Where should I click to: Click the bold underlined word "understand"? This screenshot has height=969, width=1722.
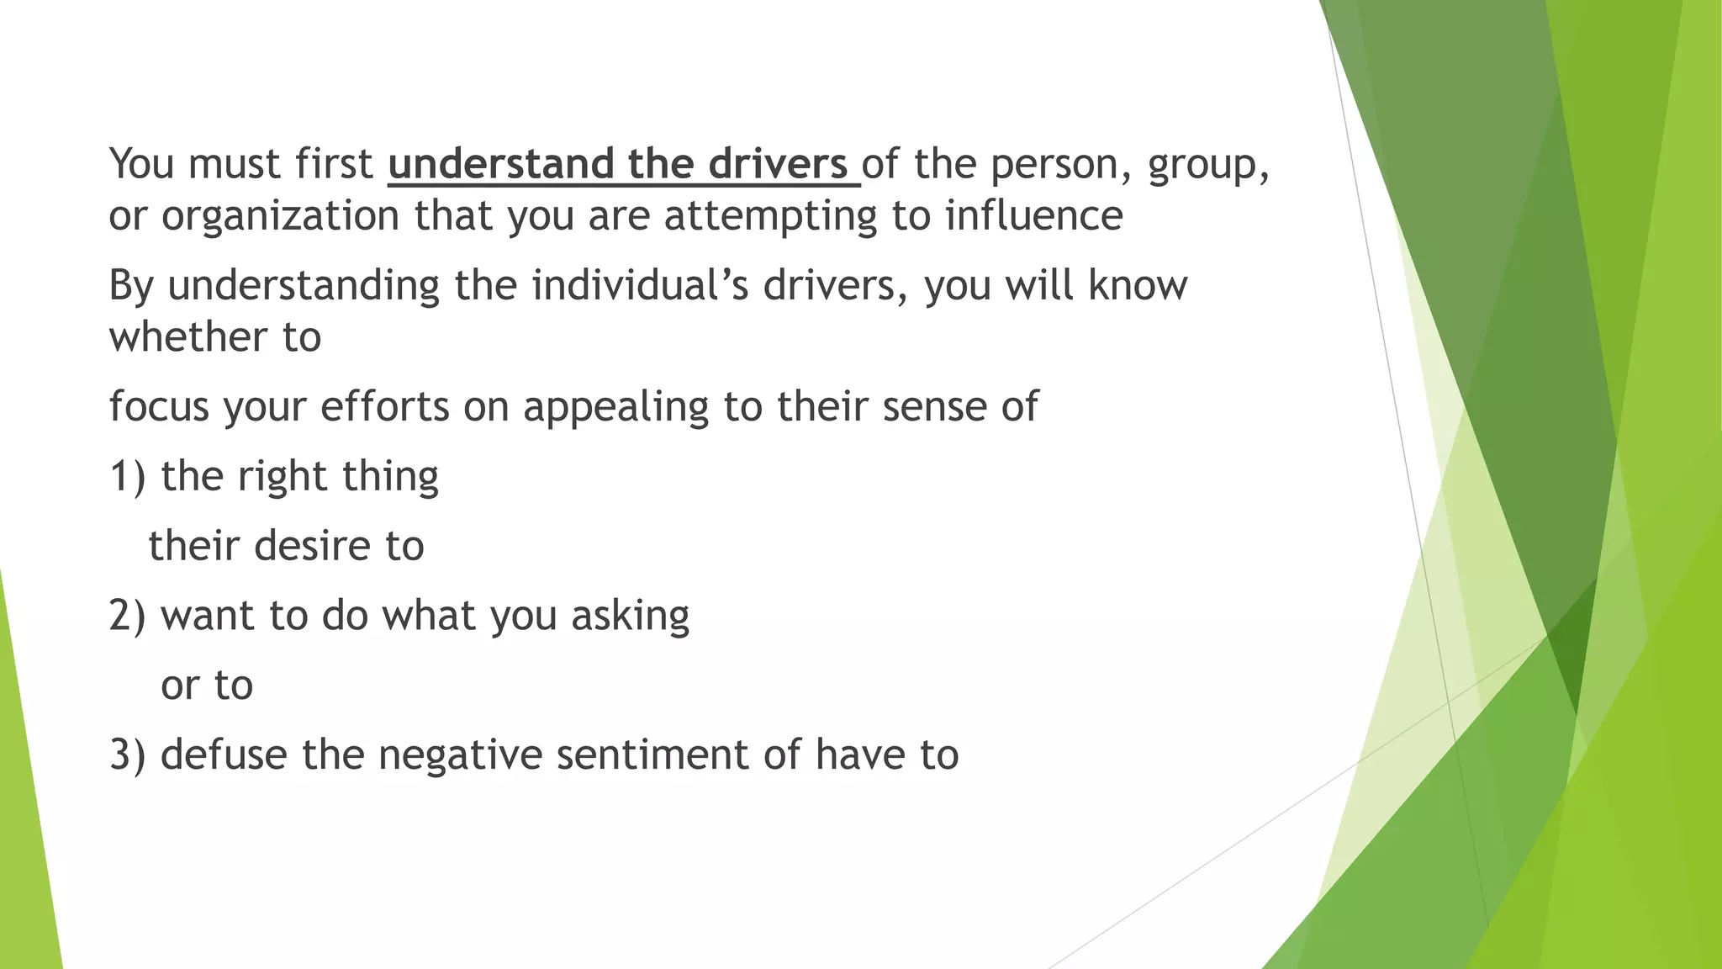pyautogui.click(x=500, y=163)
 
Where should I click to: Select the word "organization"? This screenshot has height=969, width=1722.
pyautogui.click(x=280, y=216)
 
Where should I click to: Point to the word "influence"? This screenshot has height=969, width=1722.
pyautogui.click(x=1033, y=215)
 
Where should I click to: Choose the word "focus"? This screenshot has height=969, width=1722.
pyautogui.click(x=159, y=407)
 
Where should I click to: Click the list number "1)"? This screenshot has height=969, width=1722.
pyautogui.click(x=128, y=477)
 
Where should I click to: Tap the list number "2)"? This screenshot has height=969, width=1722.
pyautogui.click(x=128, y=616)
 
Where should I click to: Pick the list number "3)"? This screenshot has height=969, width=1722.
pyautogui.click(x=128, y=755)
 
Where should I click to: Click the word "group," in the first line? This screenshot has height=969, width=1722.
pyautogui.click(x=1208, y=165)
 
